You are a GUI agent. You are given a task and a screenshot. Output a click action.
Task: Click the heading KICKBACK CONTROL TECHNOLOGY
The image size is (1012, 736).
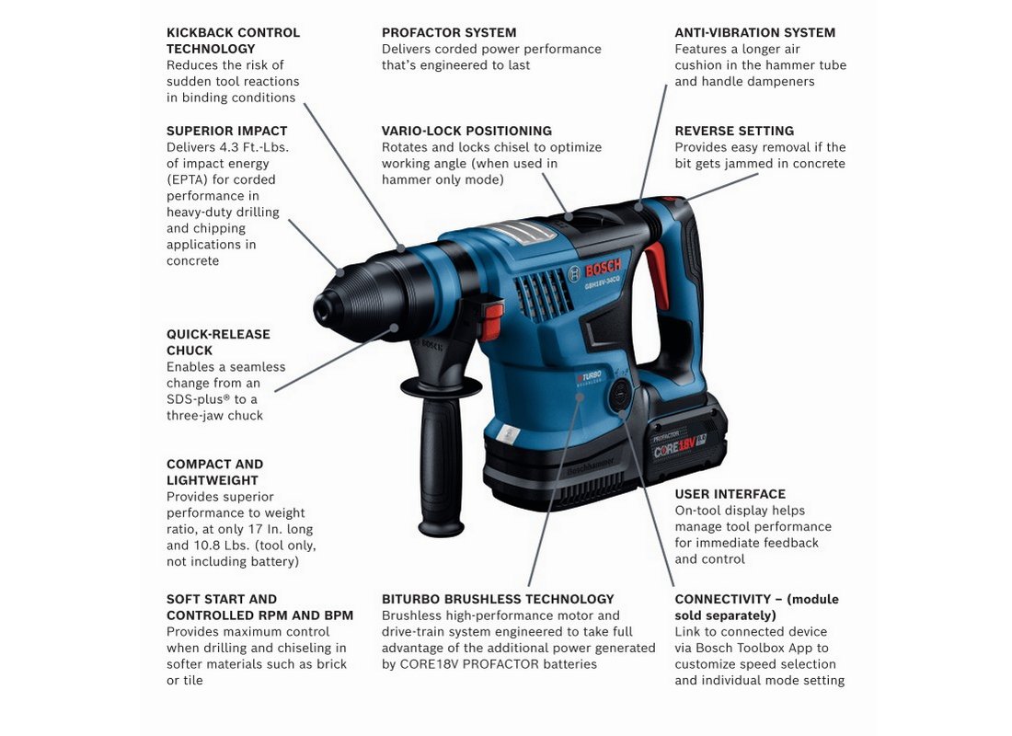233,40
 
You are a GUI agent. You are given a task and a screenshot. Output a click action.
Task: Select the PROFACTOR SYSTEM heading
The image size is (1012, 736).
449,32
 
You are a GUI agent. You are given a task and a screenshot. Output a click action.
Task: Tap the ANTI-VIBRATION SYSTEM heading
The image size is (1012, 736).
754,32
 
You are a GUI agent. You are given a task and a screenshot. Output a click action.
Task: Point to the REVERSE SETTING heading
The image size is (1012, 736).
734,131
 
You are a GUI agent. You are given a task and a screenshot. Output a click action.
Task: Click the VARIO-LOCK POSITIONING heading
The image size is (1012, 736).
466,131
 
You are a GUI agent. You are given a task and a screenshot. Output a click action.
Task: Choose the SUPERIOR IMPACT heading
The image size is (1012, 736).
226,131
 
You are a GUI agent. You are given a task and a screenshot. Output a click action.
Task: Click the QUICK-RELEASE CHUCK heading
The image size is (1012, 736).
218,342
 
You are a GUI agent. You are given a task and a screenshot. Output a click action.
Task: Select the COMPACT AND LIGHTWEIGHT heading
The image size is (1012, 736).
215,472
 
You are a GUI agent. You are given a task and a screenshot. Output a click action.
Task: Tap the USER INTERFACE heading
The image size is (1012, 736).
730,494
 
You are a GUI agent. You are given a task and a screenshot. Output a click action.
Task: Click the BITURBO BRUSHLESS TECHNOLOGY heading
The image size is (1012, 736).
498,599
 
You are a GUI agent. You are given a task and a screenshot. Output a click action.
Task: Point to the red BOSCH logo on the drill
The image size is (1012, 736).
603,268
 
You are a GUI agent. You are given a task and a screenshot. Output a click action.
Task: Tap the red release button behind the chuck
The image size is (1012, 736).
492,321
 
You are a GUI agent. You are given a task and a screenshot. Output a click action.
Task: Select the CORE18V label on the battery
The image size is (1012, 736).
674,446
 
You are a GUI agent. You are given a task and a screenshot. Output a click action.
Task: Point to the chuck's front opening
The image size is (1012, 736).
322,310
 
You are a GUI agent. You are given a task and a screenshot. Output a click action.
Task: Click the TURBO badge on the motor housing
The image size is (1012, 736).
589,377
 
